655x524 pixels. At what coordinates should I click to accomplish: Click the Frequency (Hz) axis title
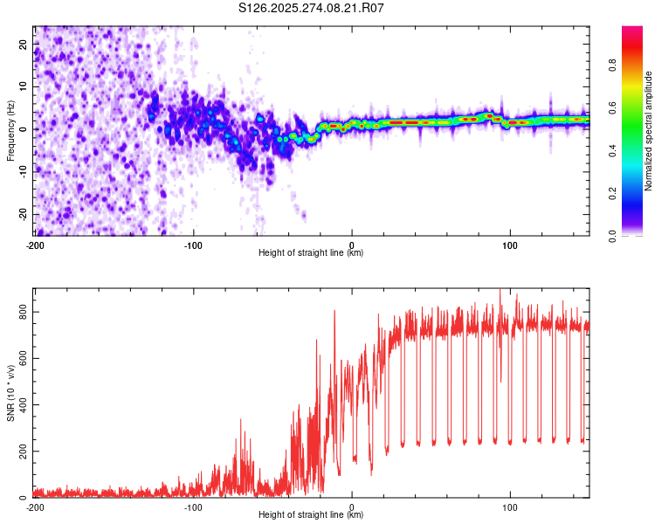tap(10, 131)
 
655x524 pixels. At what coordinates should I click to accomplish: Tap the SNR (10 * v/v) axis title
tap(10, 392)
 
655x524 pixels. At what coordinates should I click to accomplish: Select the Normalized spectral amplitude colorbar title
tap(648, 131)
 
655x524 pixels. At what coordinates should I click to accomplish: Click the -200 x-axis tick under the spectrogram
tap(35, 244)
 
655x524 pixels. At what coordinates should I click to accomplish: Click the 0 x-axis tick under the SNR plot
tap(352, 507)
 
